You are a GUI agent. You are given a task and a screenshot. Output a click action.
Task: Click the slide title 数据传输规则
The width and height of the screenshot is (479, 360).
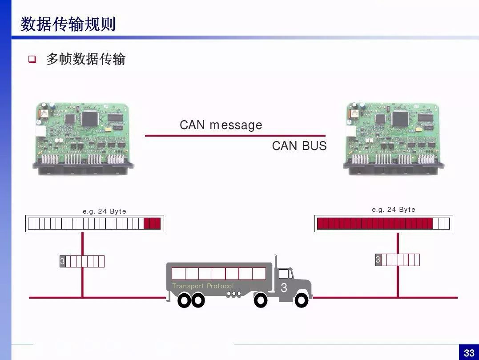click(x=68, y=24)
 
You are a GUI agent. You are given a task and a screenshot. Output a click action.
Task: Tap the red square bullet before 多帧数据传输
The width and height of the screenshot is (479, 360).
click(x=32, y=59)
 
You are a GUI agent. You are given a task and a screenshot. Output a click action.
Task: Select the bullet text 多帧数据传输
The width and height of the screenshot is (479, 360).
click(x=86, y=59)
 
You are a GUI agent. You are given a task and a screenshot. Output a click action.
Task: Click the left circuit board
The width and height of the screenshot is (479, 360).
click(x=83, y=139)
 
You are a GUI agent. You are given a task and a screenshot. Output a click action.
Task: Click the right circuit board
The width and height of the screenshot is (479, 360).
click(x=394, y=139)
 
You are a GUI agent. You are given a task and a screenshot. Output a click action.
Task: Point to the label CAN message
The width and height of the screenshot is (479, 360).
click(x=221, y=125)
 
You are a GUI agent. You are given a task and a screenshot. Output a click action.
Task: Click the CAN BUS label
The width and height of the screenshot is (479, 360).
click(x=299, y=146)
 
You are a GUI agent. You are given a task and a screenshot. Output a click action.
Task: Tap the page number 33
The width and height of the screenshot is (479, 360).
click(x=469, y=353)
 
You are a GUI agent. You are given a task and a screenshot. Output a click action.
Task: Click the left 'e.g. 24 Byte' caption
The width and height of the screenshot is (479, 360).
click(x=105, y=211)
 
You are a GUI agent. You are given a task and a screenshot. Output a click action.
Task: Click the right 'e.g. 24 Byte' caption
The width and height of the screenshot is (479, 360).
click(x=394, y=209)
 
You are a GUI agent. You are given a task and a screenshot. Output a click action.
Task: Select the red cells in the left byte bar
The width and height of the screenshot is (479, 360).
click(x=152, y=223)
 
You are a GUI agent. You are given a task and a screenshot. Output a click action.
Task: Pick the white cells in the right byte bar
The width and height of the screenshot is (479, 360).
click(x=442, y=223)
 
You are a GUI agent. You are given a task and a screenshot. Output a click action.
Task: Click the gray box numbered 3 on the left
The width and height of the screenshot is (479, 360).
click(x=62, y=261)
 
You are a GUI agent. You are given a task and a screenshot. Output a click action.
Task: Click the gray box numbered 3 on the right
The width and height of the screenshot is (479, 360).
click(x=378, y=260)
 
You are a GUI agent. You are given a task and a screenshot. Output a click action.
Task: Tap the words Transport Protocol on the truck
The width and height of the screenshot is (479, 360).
click(x=203, y=286)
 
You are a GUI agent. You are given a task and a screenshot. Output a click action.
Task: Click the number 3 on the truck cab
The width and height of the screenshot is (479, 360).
click(x=284, y=287)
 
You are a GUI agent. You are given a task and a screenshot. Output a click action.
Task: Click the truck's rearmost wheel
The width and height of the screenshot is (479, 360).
click(x=184, y=300)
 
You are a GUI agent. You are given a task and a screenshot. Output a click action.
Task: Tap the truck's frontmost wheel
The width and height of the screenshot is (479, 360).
click(x=301, y=300)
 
